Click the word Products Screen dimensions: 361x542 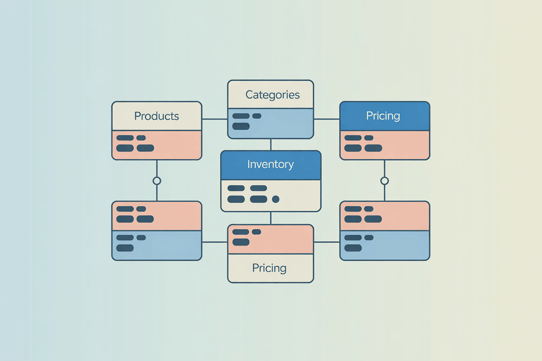156,116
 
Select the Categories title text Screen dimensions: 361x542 272,95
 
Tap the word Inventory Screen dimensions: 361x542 270,164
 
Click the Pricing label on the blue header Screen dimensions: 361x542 383,116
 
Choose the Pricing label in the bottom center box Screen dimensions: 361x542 269,268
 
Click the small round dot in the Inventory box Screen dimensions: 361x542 275,199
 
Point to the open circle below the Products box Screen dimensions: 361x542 157,180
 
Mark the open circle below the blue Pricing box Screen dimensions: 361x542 384,180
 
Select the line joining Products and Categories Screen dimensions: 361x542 215,119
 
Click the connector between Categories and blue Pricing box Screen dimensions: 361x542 327,119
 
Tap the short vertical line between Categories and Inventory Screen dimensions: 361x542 271,144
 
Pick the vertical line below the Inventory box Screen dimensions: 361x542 271,218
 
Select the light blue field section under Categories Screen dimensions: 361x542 287,123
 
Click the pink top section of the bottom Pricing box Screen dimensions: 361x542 287,239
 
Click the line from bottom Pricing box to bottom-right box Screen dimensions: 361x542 327,242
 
